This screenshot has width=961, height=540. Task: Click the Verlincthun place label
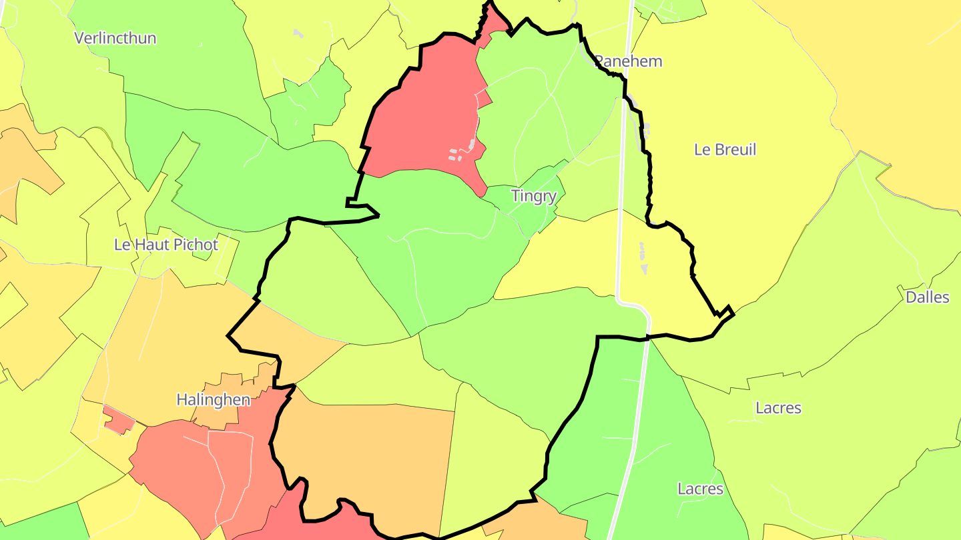coord(115,38)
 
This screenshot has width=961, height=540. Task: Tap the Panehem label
coord(629,61)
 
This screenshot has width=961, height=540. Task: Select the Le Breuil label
coord(725,149)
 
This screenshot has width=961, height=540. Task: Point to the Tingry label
coord(533,196)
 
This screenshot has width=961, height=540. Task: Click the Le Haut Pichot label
coord(166,245)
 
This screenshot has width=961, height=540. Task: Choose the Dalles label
coord(927,297)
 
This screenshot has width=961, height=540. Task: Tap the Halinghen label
coord(213,400)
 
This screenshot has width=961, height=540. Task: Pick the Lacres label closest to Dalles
coord(778,407)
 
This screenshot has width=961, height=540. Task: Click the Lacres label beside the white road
coord(700,489)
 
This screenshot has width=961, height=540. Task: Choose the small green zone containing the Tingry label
coord(534,207)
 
